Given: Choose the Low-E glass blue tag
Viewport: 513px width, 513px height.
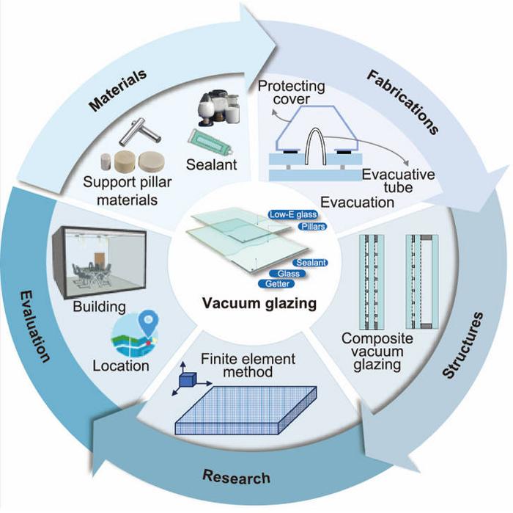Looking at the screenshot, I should [x=288, y=215].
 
